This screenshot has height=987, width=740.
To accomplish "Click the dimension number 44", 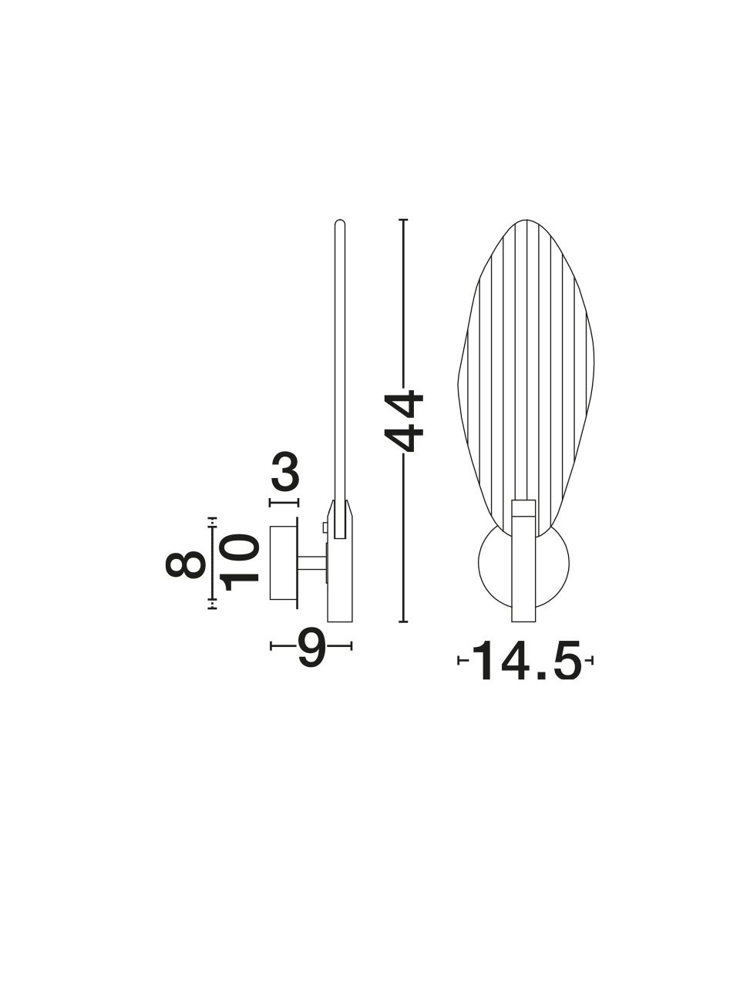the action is (x=404, y=421).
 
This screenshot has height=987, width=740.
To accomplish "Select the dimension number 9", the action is (x=311, y=647).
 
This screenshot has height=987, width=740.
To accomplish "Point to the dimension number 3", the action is (x=285, y=472).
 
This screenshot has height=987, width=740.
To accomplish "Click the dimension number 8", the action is (x=186, y=564).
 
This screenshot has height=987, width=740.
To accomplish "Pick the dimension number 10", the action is (x=240, y=562).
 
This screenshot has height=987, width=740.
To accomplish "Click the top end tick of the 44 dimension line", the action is (x=403, y=220).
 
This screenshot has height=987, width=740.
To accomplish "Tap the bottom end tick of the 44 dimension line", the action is (x=403, y=622).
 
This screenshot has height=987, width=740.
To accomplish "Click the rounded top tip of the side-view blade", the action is (x=340, y=221).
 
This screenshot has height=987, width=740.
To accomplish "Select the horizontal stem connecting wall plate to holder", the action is (x=312, y=564).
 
